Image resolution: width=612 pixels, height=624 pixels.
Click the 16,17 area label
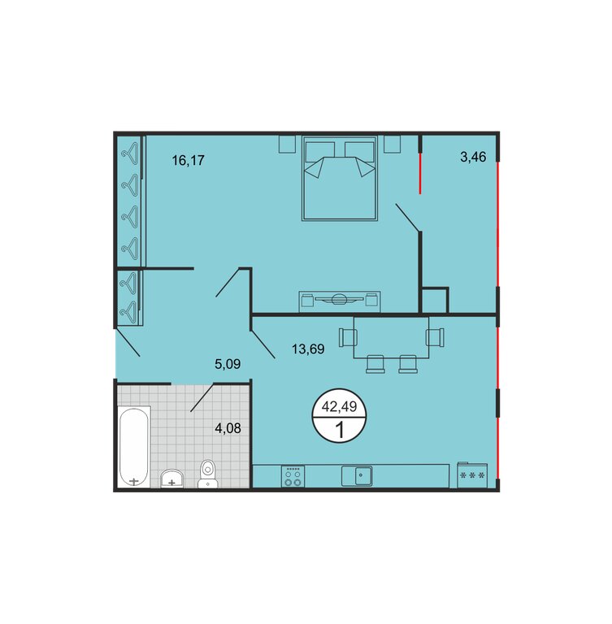pos(188,160)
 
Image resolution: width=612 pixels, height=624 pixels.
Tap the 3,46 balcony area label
pos(473,157)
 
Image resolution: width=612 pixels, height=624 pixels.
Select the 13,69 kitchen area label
pos(308,349)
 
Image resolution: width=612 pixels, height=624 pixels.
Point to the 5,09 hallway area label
pos(228,364)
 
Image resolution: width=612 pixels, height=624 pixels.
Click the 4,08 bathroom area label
pos(228,428)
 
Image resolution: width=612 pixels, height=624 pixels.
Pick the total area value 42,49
pos(339,406)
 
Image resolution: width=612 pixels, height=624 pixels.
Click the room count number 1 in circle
pos(340,430)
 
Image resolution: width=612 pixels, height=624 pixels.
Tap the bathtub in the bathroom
pos(134,447)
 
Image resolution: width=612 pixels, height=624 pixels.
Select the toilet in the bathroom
pos(207,474)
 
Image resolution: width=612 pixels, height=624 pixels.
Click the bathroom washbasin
pos(172,479)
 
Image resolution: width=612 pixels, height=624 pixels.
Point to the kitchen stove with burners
pos(293,476)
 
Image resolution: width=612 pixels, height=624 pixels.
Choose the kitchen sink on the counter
pos(357,476)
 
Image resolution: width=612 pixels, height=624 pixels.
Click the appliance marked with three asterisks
pos(472,474)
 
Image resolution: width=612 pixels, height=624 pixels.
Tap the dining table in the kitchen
pos(392,337)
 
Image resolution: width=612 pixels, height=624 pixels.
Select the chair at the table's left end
pos(348,337)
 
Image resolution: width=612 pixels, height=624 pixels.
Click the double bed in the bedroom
pos(340,178)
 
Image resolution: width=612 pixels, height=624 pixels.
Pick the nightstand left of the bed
pos(287,144)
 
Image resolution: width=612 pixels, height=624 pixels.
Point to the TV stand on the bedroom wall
pos(340,301)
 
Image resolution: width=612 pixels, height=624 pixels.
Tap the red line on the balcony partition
pos(419,174)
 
